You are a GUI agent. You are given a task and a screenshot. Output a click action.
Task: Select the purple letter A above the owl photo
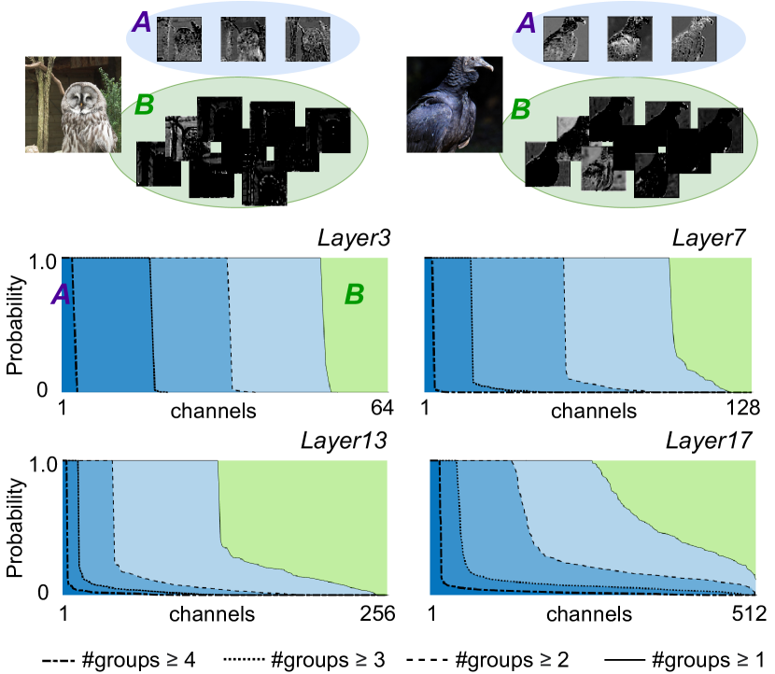141,22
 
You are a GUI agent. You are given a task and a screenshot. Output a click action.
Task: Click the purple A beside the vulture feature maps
527,22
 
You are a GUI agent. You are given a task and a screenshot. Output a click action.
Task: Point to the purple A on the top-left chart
60,295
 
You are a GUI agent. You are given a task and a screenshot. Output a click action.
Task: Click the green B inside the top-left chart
354,295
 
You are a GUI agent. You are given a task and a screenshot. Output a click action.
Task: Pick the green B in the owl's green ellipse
144,105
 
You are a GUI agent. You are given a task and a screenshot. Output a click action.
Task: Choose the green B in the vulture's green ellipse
520,110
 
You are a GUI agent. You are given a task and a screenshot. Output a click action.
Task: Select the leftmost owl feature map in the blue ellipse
179,40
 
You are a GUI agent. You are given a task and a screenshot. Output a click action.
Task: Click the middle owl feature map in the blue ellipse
243,40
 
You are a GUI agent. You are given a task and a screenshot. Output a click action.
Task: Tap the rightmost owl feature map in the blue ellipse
307,40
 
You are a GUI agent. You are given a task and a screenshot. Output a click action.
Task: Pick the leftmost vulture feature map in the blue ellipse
566,40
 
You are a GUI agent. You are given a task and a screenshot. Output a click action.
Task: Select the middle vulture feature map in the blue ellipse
629,40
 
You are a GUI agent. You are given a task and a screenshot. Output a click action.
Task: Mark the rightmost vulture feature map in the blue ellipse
693,40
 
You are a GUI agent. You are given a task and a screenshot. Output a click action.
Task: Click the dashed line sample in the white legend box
62,659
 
